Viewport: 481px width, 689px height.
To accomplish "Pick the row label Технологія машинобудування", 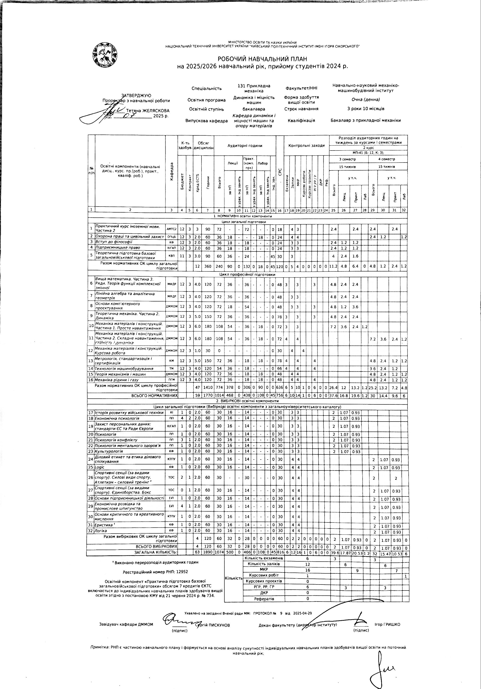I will point(124,368).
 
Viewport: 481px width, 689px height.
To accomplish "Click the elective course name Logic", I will point(100,467).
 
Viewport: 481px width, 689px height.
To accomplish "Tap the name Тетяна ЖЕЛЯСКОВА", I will point(148,111).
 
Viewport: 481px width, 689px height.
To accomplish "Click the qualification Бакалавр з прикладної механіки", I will point(365,120).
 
